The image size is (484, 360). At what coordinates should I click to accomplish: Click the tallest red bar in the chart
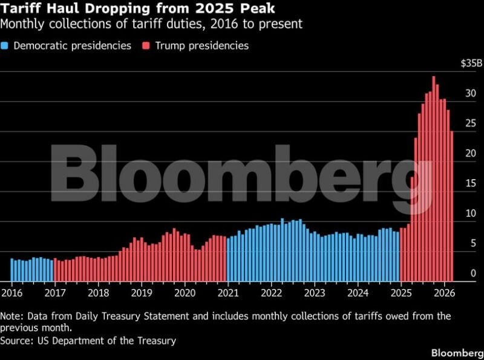(x=434, y=182)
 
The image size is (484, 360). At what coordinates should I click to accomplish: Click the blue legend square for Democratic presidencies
(x=5, y=45)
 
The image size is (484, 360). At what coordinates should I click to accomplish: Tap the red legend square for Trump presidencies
(x=147, y=45)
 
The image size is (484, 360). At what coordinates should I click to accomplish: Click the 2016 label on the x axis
(x=11, y=293)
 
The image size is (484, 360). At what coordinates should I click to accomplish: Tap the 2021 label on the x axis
(x=228, y=293)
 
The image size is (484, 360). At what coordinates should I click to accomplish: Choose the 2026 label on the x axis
(x=444, y=293)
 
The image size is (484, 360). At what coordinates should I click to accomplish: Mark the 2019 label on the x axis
(x=141, y=293)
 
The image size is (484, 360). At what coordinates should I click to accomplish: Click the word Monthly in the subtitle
(x=22, y=25)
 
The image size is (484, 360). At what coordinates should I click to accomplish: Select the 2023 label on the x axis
(x=315, y=293)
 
